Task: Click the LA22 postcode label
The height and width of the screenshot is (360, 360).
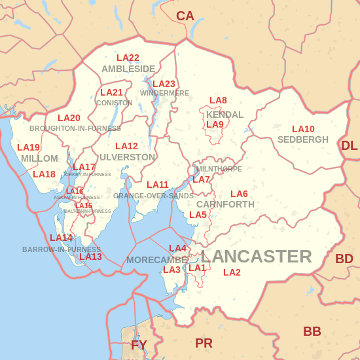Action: (x=128, y=58)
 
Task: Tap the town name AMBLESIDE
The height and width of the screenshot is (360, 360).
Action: (x=128, y=69)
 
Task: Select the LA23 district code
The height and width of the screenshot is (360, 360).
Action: (x=164, y=84)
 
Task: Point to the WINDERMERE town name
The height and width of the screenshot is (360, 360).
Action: (x=164, y=93)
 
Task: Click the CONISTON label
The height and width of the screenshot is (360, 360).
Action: (x=114, y=103)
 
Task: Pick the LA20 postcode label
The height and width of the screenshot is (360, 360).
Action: (x=69, y=118)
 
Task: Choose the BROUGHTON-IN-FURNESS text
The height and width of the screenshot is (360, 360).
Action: (x=75, y=128)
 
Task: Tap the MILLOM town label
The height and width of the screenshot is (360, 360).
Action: (x=39, y=158)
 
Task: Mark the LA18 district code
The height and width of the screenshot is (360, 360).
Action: (x=44, y=174)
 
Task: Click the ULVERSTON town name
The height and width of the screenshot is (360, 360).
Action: (x=128, y=157)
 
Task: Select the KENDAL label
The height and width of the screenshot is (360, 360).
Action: (x=225, y=115)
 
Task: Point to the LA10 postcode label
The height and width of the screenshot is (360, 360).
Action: (x=303, y=130)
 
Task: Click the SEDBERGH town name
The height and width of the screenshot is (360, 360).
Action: (x=303, y=139)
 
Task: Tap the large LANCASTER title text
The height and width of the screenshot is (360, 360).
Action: (x=256, y=257)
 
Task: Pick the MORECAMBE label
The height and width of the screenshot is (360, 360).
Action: (x=157, y=260)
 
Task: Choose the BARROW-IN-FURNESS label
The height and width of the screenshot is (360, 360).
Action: (x=62, y=249)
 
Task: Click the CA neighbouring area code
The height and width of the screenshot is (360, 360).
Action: (x=185, y=16)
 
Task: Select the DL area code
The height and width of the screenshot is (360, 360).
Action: (x=349, y=145)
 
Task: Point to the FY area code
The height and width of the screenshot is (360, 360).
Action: (x=139, y=345)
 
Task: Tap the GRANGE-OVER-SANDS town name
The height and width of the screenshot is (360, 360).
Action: (x=153, y=196)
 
